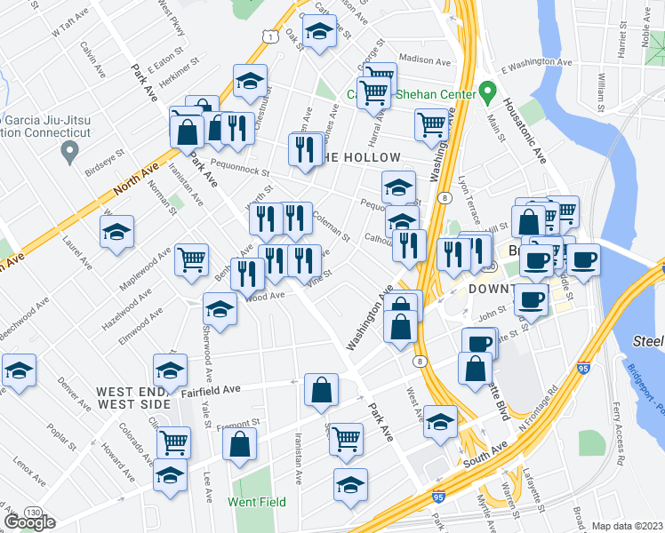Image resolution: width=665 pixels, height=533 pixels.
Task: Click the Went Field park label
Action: click(x=256, y=502)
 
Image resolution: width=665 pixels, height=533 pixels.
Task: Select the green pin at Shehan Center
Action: click(x=486, y=91)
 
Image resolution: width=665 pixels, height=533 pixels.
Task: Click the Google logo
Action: click(x=29, y=522)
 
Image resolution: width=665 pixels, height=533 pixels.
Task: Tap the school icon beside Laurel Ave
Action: click(x=116, y=233)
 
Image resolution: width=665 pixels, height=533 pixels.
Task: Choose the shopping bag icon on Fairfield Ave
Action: click(x=321, y=388)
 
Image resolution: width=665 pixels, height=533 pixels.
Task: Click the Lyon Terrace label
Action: click(x=464, y=199)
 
